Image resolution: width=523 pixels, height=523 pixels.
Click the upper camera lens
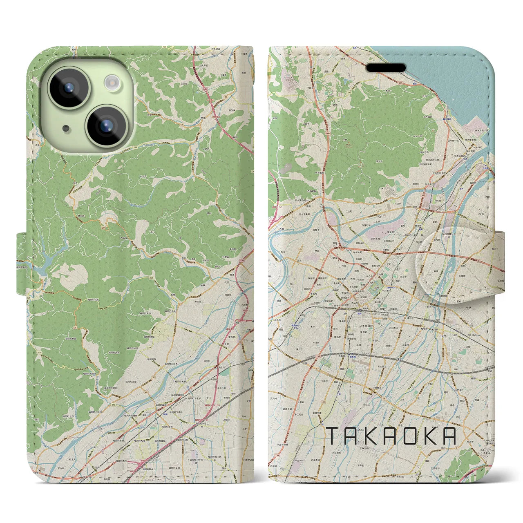click(x=69, y=87)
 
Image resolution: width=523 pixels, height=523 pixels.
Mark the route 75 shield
click(x=76, y=328)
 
